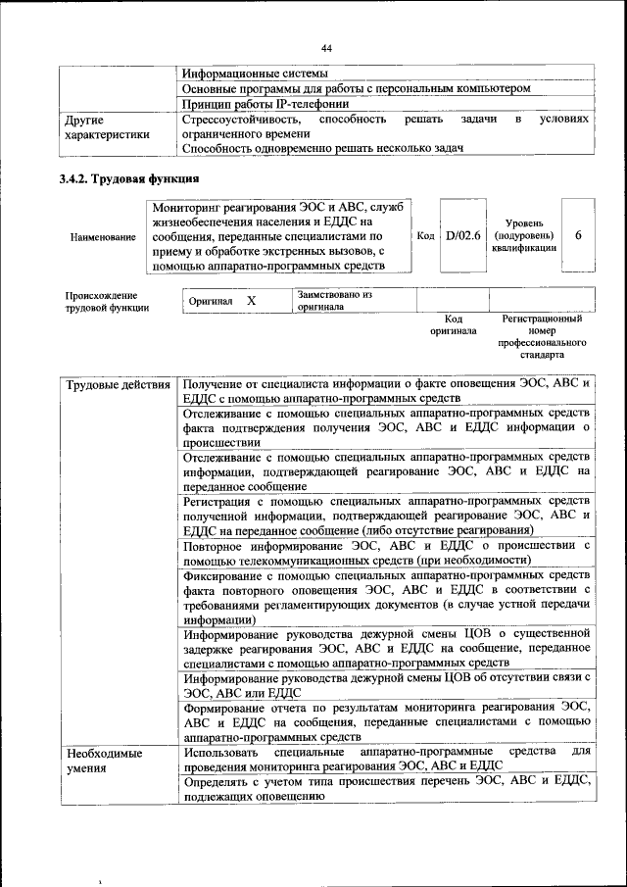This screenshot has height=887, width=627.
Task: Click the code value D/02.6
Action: [x=462, y=236]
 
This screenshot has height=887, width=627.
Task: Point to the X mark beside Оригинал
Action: [x=251, y=301]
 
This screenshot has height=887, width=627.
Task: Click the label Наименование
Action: [x=104, y=237]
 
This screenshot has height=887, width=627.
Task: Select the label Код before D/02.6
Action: [x=425, y=236]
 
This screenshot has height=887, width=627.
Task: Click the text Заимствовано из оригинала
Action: [x=335, y=300]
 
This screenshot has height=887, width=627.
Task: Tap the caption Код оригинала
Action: [x=453, y=324]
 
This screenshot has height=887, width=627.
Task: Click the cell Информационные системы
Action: [x=255, y=73]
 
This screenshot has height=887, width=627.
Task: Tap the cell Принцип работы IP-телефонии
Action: [x=265, y=104]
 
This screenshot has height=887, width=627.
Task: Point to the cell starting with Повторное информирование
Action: [x=386, y=551]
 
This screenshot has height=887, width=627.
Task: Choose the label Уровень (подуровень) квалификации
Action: [x=524, y=236]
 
